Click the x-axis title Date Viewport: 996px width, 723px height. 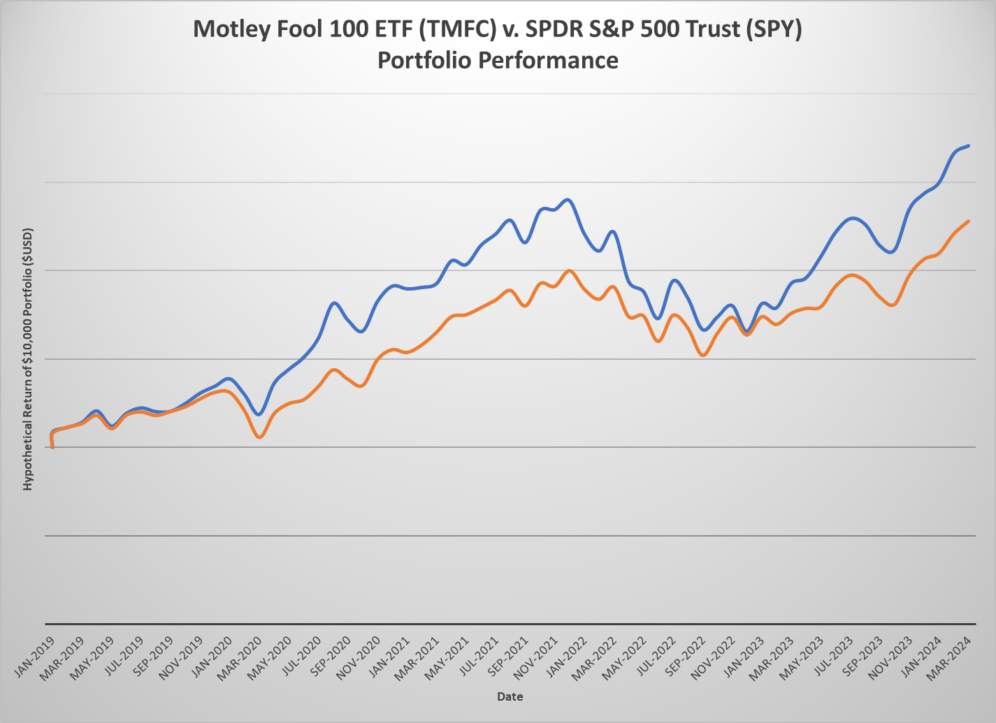tap(510, 696)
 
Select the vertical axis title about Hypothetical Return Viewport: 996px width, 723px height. tap(28, 358)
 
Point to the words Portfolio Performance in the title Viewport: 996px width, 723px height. tap(498, 60)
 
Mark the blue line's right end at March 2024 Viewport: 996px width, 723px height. tap(968, 146)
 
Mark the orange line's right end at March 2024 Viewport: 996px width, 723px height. tap(968, 221)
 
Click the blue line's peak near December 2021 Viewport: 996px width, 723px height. tap(568, 200)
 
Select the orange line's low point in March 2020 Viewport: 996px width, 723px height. tap(260, 437)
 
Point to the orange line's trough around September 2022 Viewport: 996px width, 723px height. tap(704, 356)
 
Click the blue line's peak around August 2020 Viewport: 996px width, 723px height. tap(334, 303)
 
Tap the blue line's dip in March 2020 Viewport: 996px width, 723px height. tap(259, 414)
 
